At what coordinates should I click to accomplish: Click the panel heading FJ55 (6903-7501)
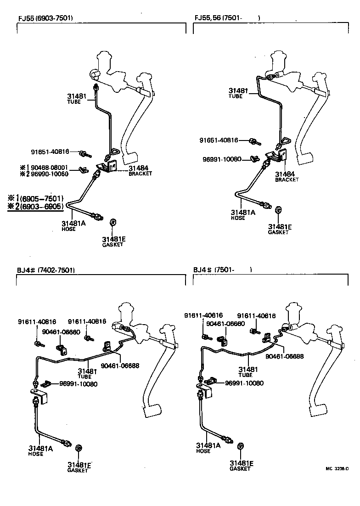click(45, 18)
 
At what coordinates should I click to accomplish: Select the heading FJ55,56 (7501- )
click(227, 18)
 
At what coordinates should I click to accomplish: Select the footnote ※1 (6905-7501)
click(35, 198)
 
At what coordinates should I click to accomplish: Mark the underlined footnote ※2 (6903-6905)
click(35, 206)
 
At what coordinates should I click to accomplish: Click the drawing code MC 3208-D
click(337, 469)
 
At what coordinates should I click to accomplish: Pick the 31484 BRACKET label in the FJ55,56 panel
click(287, 176)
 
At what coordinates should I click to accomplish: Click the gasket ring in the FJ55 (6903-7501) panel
click(113, 223)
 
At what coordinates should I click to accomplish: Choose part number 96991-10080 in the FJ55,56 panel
click(222, 159)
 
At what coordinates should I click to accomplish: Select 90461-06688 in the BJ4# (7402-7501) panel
click(121, 366)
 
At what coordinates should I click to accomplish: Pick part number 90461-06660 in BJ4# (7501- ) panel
click(225, 323)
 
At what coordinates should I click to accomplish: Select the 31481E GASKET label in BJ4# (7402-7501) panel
click(79, 467)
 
